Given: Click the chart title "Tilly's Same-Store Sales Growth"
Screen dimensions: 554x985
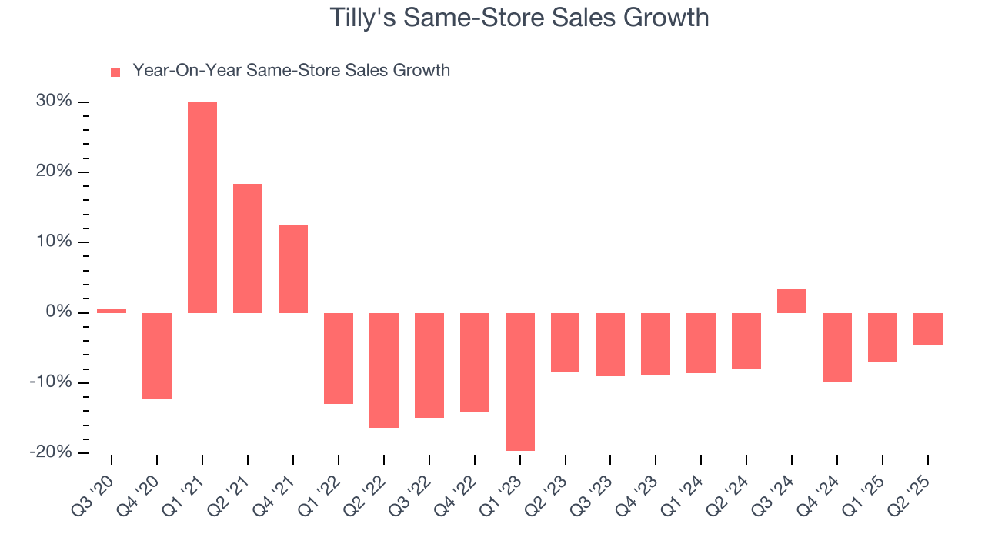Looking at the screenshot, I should point(519,17).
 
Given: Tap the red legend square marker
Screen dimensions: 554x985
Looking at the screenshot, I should point(115,72).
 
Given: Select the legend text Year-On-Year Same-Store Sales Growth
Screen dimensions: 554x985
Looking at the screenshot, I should point(291,71).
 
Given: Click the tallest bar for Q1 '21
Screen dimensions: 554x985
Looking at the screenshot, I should point(202,208).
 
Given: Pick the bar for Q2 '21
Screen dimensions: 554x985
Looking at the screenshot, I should point(248,249).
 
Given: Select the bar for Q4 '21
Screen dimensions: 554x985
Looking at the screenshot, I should point(293,269).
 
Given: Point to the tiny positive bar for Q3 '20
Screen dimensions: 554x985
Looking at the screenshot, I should point(112,311).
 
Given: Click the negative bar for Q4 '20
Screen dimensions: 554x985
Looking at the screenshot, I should point(157,355).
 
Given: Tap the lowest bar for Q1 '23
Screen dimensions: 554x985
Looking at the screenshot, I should point(520,382).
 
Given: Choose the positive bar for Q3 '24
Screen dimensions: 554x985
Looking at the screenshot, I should point(792,301).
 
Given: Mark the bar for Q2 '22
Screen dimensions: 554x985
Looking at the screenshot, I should point(384,370).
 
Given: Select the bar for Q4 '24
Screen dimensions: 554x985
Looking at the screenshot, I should point(837,347).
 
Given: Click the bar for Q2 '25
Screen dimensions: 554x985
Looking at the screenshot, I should point(928,329).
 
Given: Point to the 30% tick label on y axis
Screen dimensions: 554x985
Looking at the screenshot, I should point(54,102).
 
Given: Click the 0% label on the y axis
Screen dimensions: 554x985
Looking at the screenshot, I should point(58,312).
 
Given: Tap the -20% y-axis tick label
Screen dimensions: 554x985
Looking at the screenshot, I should point(51,452).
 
